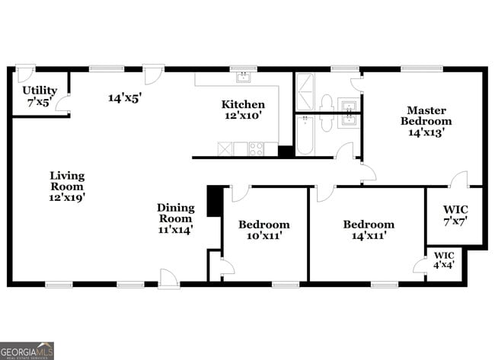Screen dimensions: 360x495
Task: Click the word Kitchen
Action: click(243, 104)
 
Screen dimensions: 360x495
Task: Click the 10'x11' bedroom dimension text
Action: click(263, 235)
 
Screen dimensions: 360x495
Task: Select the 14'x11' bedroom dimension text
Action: click(369, 235)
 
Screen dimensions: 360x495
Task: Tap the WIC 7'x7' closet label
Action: click(455, 215)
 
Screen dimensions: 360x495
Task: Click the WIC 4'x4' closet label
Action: click(443, 260)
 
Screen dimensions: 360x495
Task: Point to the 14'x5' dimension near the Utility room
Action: click(126, 97)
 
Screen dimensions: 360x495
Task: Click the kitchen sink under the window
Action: click(243, 77)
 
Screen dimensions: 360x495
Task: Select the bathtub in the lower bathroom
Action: click(305, 135)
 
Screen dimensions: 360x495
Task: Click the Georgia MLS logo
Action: click(27, 351)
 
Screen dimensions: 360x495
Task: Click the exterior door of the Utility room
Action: click(25, 74)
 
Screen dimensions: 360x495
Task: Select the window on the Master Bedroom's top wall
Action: click(417, 68)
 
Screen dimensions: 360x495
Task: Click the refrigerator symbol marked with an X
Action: click(225, 148)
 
